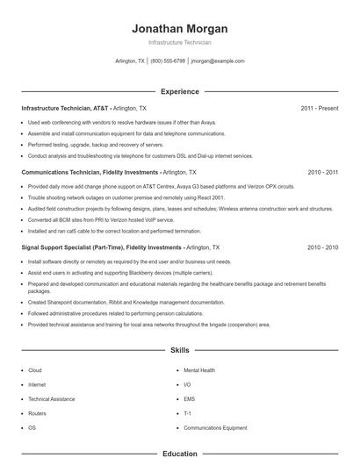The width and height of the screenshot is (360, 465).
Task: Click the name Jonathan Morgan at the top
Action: [179, 28]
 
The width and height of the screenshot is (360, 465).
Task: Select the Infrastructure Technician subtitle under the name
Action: [179, 42]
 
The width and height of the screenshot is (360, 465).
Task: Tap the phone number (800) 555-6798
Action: [168, 61]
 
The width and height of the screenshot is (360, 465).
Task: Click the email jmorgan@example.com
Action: [218, 61]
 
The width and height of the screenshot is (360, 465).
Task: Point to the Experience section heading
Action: [179, 91]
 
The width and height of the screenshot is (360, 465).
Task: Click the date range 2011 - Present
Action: [319, 108]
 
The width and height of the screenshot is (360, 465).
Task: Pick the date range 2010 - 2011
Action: [322, 173]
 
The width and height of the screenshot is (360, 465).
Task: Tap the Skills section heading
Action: [179, 350]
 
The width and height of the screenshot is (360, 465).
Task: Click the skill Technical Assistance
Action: [51, 399]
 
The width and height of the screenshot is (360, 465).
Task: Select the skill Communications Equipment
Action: [214, 427]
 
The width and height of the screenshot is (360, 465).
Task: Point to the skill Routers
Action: [37, 413]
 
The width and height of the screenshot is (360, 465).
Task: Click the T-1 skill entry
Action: [188, 413]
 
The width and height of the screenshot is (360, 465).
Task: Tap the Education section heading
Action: [179, 454]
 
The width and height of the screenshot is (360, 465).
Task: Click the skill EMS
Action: [189, 399]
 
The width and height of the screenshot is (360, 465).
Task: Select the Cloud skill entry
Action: [35, 371]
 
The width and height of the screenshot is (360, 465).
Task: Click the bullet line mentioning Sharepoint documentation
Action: [113, 302]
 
